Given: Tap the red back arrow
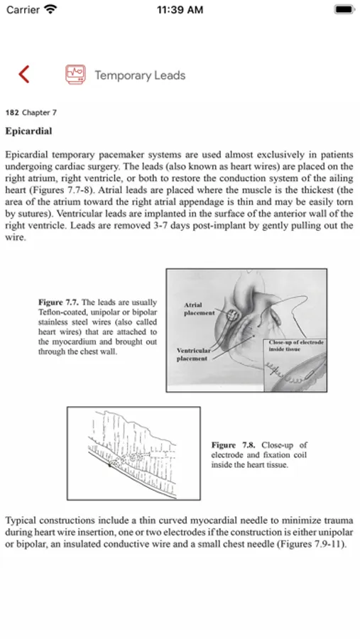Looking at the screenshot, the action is (24, 74).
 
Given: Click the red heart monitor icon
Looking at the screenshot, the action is (75, 75).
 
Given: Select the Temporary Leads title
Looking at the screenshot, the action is (141, 75).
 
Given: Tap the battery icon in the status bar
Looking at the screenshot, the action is (344, 9).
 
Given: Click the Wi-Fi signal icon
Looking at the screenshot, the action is (50, 9).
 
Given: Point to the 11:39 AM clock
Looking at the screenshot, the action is (180, 10).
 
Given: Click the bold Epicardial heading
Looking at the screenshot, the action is (28, 131).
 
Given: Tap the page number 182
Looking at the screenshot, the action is (12, 112).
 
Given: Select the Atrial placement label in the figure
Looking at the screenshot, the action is (199, 309).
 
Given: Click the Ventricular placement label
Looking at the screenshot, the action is (193, 354).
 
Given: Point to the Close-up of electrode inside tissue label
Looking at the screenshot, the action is (295, 346).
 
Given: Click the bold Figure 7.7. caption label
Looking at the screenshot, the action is (59, 302).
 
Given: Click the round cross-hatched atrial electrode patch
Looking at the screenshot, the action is (233, 315).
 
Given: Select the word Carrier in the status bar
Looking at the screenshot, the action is (23, 10).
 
